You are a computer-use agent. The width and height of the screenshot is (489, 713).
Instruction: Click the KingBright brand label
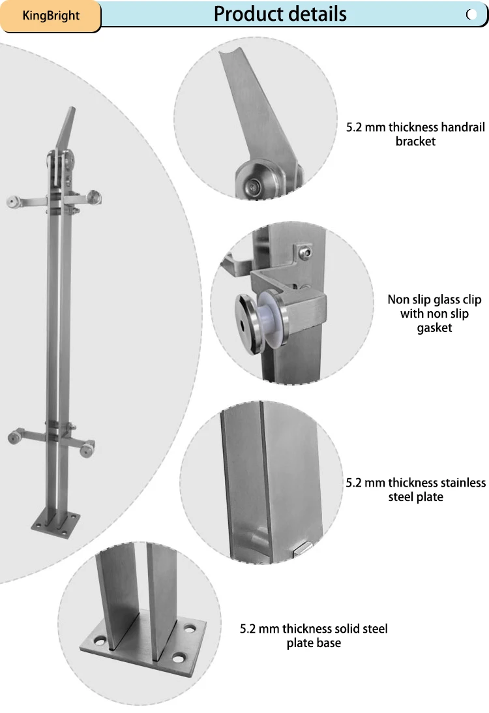[51, 16]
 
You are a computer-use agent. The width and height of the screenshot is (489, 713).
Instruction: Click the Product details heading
[280, 14]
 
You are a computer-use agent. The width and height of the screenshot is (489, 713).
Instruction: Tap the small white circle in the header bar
[472, 14]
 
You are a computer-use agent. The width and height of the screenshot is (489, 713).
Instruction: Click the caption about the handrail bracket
[415, 134]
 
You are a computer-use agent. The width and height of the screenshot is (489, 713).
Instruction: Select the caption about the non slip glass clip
[434, 313]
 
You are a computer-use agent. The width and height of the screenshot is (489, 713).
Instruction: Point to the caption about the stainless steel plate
[415, 490]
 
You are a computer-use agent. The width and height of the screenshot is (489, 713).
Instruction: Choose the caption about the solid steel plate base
[314, 635]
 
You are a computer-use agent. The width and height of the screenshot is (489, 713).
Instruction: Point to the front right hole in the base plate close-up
[179, 658]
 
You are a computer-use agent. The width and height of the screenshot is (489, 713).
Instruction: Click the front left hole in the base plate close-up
[99, 642]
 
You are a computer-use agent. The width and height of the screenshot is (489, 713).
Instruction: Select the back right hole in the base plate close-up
[190, 629]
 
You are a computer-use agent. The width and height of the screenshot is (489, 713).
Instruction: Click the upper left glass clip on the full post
[13, 202]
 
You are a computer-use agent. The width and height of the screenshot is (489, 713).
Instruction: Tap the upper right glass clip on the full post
[95, 198]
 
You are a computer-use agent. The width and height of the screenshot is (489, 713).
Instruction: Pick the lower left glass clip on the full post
[15, 437]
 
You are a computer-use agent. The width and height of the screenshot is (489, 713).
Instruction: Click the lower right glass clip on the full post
[87, 448]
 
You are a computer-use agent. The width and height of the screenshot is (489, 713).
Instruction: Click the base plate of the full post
[56, 524]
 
